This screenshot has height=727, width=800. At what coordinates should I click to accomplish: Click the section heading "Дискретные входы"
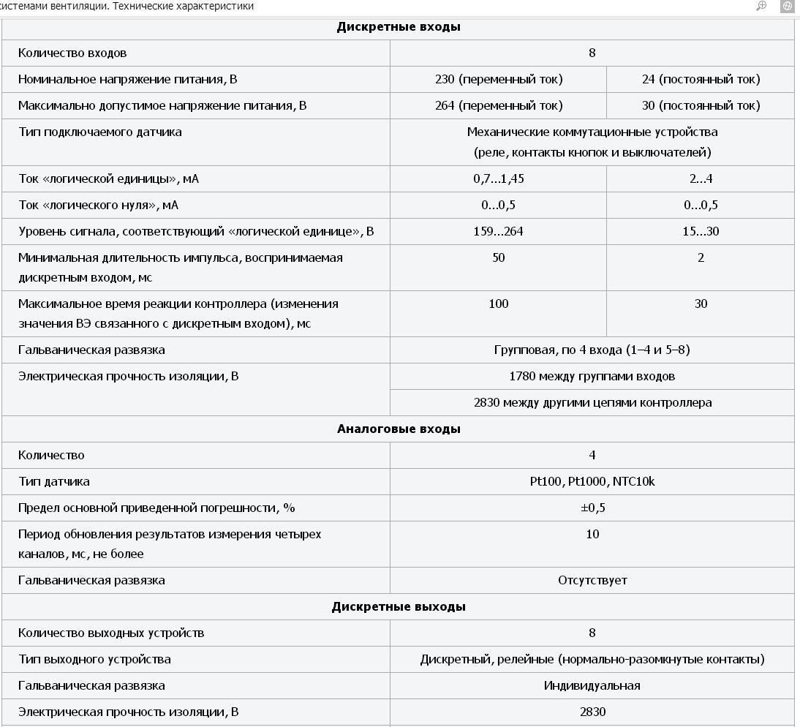point(399,27)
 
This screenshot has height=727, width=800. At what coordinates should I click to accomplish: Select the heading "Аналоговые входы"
point(399,429)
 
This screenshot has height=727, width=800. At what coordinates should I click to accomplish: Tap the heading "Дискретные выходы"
point(399,606)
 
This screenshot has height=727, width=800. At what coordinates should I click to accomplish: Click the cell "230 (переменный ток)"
point(499,79)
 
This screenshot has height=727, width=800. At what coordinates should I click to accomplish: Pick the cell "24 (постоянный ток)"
point(701,79)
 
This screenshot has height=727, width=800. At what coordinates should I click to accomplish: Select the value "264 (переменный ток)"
point(499,105)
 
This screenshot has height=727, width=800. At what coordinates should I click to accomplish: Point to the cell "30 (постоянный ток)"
point(701,105)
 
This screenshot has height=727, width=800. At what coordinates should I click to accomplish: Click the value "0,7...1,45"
point(499,178)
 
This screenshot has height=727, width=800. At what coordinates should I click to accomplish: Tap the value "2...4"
point(701,178)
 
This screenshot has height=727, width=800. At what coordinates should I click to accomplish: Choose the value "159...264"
point(499,231)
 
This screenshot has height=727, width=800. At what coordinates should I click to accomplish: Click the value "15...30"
point(701,231)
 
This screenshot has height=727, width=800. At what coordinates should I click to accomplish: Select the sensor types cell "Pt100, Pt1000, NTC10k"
point(592,481)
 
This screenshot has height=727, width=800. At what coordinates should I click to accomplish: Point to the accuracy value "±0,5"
point(592,508)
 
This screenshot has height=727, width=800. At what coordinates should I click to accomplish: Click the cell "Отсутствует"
point(592,580)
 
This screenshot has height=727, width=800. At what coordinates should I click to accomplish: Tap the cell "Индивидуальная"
point(592,685)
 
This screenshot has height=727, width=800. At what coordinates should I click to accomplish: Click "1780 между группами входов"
point(592,376)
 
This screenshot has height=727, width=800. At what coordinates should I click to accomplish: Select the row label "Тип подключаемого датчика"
point(100,132)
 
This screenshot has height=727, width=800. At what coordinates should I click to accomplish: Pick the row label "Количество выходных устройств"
point(111,633)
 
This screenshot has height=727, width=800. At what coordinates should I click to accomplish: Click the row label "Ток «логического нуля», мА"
point(98,205)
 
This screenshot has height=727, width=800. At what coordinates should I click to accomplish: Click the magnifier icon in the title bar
point(761,6)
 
